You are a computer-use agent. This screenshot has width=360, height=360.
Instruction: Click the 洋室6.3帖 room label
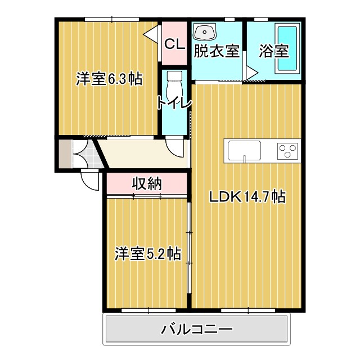pyautogui.click(x=109, y=79)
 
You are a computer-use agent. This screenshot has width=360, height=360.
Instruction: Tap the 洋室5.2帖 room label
pyautogui.click(x=148, y=254)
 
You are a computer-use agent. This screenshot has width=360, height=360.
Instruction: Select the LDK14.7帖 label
pyautogui.click(x=247, y=197)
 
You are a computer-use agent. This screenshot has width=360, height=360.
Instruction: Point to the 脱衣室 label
pyautogui.click(x=217, y=52)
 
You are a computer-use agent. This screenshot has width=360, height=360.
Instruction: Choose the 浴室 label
pyautogui.click(x=274, y=52)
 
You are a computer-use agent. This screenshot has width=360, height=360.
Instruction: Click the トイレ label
pyautogui.click(x=174, y=103)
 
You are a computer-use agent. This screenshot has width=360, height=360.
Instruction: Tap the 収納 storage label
pyautogui.click(x=147, y=183)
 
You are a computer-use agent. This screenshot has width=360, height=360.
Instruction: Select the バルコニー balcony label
pyautogui.click(x=196, y=328)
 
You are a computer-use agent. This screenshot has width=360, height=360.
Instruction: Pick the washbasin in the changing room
pyautogui.click(x=204, y=31)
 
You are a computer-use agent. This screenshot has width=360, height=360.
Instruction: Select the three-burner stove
pyautogui.click(x=287, y=151)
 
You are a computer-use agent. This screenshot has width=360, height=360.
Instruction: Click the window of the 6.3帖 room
pyautogui.click(x=112, y=19)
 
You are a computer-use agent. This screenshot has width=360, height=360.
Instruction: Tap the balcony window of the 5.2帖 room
pyautogui.click(x=148, y=310)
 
